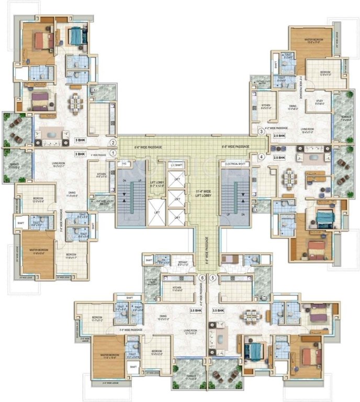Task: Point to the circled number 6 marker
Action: [x=202, y=278]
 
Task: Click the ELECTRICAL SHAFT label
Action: [x=235, y=164]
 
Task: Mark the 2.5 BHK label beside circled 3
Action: [x=279, y=136]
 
